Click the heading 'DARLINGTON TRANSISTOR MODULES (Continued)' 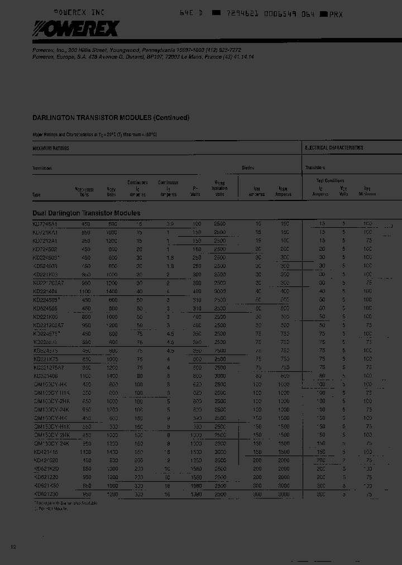coord(111,118)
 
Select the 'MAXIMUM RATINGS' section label coord(51,149)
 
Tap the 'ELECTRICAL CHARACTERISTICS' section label coord(334,148)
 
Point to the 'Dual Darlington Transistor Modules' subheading coord(87,213)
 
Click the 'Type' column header coord(37,195)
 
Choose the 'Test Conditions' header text coord(331,180)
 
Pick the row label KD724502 coord(45,249)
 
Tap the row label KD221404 coord(45,291)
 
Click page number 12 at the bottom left coord(13,547)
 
